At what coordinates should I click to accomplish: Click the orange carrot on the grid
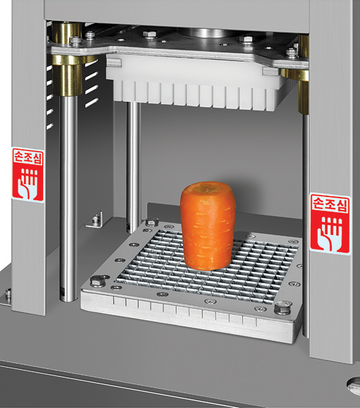pos(208,226)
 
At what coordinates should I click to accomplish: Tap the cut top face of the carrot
pos(208,188)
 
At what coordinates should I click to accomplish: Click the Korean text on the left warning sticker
pos(28,157)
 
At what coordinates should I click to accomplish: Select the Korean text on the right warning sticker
pos(329,204)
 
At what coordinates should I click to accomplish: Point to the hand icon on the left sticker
pos(28,183)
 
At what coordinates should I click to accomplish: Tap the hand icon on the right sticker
pos(329,234)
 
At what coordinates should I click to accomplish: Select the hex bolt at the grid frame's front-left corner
pos(98,281)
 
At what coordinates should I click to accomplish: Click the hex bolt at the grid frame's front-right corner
pos(283,308)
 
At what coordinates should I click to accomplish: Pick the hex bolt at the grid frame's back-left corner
pos(152,221)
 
